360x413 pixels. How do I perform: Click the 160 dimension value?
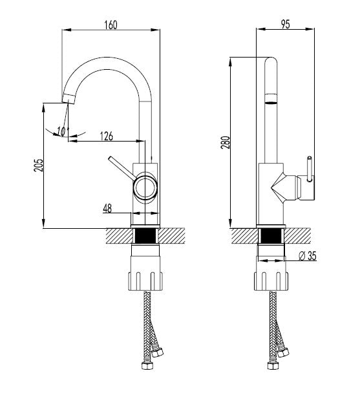[111, 25]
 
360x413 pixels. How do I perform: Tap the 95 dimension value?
[285, 24]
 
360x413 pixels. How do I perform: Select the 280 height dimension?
[226, 142]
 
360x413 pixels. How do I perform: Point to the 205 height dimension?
[38, 165]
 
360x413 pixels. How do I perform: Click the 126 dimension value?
[107, 136]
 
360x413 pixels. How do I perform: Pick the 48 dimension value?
[107, 209]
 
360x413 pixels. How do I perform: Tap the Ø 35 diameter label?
[308, 256]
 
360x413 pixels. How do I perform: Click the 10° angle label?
[63, 131]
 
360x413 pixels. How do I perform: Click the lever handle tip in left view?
[110, 158]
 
